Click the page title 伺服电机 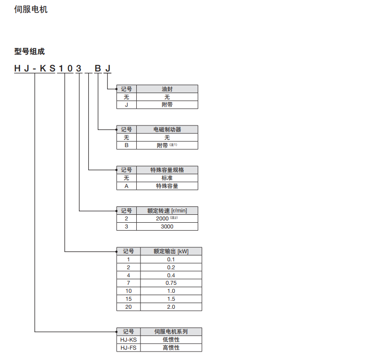(x=31, y=9)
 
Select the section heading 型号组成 (x=29, y=51)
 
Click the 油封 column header (x=167, y=89)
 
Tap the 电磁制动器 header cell (x=167, y=130)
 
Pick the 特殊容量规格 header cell (x=167, y=170)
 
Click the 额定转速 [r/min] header (x=167, y=211)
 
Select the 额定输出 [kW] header (x=171, y=251)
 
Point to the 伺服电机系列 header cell (x=171, y=331)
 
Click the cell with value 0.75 (x=171, y=283)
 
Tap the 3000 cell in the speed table (x=167, y=227)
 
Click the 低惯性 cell (x=171, y=339)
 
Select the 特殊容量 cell (x=167, y=186)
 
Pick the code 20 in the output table (x=128, y=307)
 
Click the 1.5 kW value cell (x=171, y=299)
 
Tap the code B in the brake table (x=126, y=146)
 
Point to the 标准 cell (x=167, y=178)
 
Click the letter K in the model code (x=42, y=69)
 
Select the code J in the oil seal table (x=126, y=105)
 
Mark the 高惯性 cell (x=171, y=348)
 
